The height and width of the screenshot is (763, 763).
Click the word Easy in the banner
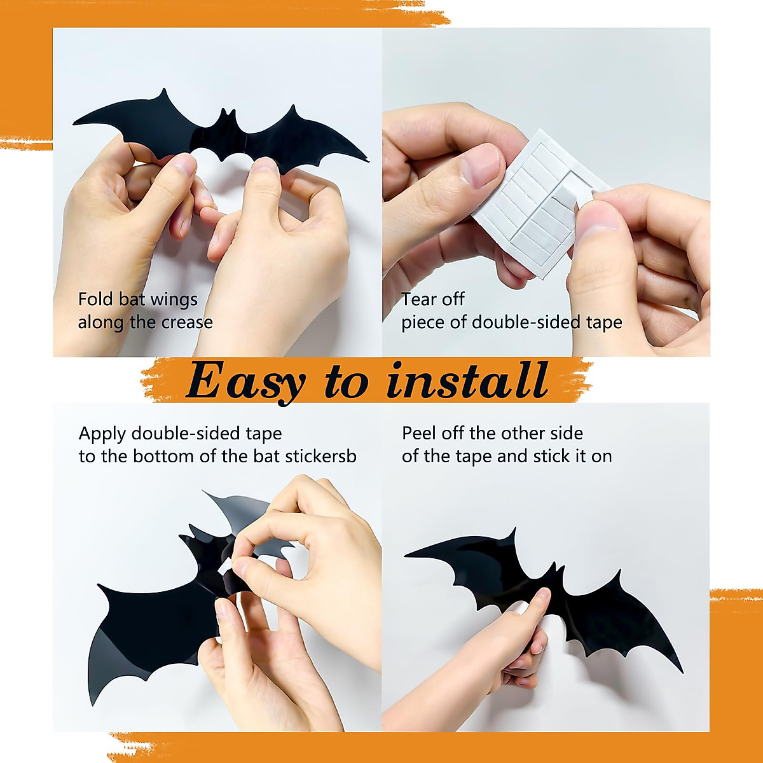(x=245, y=381)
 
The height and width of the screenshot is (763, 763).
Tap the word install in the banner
(x=467, y=381)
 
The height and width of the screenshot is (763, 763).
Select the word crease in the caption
(x=187, y=322)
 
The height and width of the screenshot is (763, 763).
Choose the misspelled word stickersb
(x=320, y=457)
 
